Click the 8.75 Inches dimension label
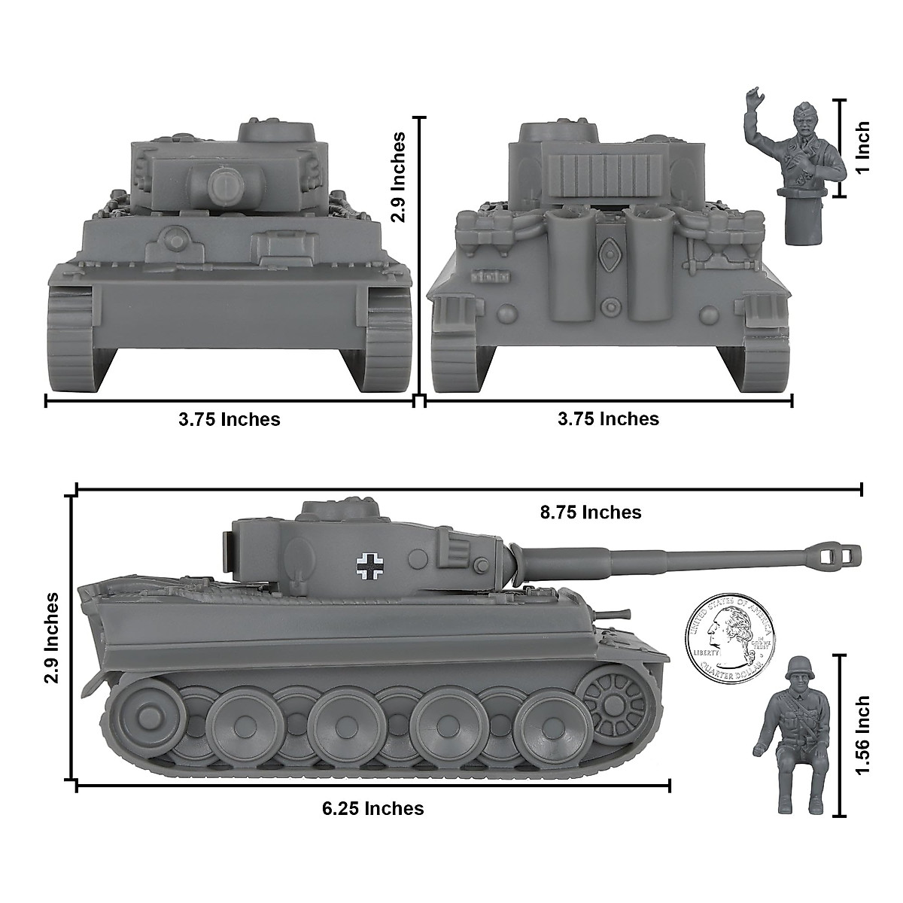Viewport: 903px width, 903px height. tap(591, 512)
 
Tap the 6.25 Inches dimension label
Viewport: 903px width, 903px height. tap(372, 808)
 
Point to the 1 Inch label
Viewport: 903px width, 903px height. tap(862, 147)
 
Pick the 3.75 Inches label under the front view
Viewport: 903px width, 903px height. tap(230, 419)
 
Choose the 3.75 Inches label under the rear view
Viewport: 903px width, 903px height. tap(608, 418)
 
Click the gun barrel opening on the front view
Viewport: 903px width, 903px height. tap(223, 183)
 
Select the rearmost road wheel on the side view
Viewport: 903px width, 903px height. tap(140, 711)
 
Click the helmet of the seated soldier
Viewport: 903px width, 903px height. tap(796, 667)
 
